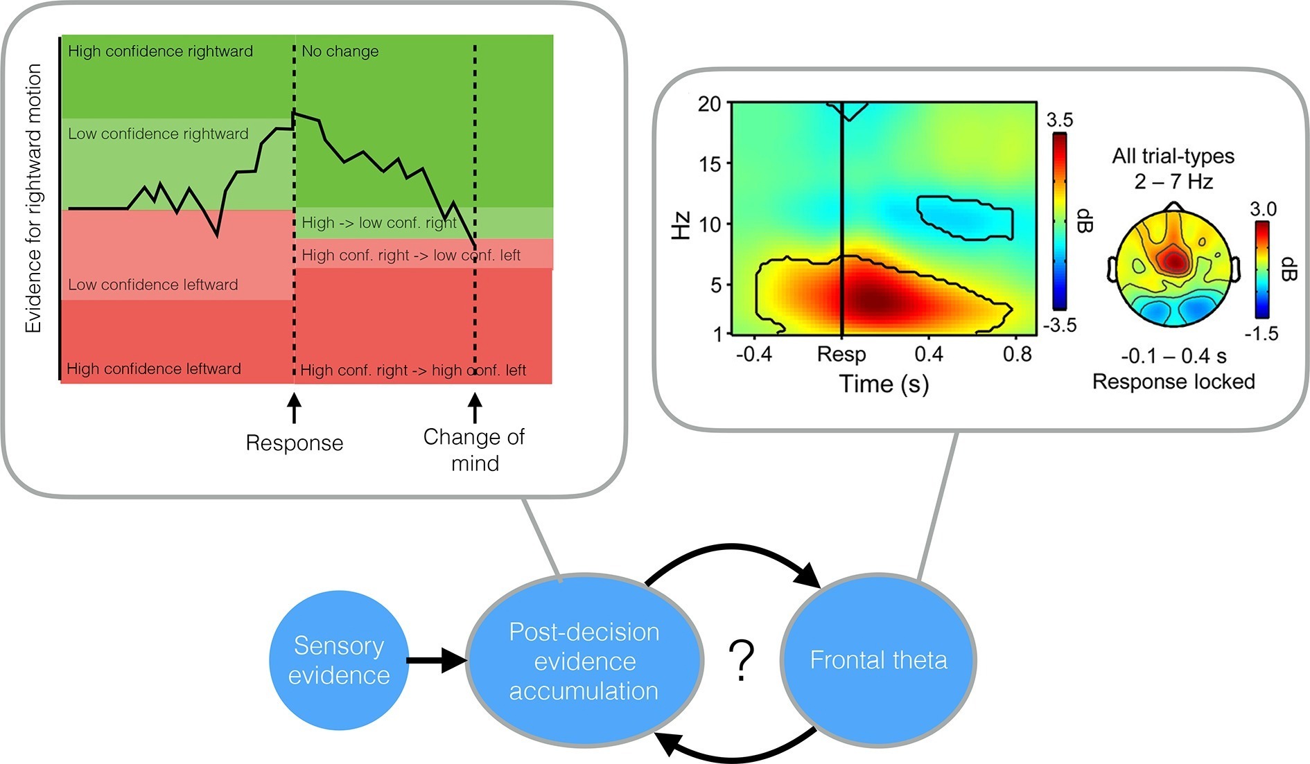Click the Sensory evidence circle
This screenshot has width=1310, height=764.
[338, 660]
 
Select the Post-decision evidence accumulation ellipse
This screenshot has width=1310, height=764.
[584, 661]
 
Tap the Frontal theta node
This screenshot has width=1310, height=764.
[878, 660]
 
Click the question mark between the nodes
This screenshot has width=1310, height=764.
[741, 660]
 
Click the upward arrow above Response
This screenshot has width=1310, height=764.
[294, 408]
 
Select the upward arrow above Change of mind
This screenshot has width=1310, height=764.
[475, 408]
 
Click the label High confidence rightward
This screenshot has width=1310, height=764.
[160, 51]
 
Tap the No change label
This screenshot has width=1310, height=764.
[340, 51]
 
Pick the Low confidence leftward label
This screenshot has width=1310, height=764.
[152, 285]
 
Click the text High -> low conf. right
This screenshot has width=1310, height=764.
[379, 223]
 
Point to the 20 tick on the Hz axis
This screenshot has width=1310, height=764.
[709, 105]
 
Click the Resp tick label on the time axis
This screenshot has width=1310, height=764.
[841, 354]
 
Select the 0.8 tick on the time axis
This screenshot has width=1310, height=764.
[1017, 354]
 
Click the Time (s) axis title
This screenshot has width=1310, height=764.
[884, 384]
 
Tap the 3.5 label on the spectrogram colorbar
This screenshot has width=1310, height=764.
[1059, 120]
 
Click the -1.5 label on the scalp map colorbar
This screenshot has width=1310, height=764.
[1261, 334]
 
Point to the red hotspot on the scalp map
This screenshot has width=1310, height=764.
[1174, 261]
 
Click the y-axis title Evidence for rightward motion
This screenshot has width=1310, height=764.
[33, 198]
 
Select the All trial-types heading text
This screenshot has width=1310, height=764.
[1173, 157]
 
